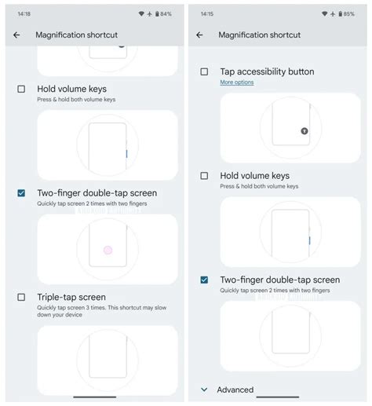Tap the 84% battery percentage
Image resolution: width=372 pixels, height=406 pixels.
pos(166,14)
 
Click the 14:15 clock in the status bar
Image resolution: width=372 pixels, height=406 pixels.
pos(206,14)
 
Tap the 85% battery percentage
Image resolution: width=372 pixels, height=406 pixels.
pos(348,14)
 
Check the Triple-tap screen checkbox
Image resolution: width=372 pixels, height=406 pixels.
pos(21,297)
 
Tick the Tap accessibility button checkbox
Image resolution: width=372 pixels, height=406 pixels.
pos(204,71)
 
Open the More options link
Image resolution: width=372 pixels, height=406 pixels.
pos(236,82)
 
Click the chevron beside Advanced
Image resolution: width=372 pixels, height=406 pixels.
pos(204,390)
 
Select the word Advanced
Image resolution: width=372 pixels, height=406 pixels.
pos(235,390)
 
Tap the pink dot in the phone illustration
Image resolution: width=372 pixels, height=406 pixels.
pos(108,250)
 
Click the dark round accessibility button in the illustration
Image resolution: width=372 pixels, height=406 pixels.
pos(305,131)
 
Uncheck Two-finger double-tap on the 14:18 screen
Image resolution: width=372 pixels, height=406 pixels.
pos(21,192)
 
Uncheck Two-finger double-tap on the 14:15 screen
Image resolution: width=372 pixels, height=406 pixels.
pos(204,280)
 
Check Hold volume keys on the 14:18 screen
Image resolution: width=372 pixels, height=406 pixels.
pos(21,89)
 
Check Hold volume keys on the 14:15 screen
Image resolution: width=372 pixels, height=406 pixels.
pos(204,176)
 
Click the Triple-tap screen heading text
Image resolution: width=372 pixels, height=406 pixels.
pos(71,297)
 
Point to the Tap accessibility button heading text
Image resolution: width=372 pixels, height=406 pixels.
pos(267,71)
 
